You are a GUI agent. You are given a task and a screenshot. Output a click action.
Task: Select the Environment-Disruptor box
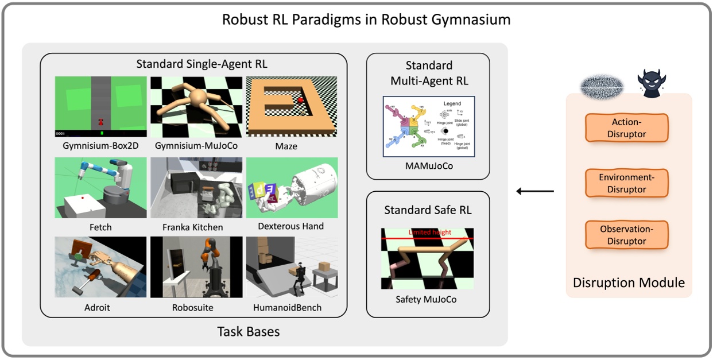click(x=627, y=183)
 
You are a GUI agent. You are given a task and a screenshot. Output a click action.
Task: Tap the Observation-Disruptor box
click(x=627, y=235)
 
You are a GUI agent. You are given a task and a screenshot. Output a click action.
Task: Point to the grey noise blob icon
click(x=600, y=86)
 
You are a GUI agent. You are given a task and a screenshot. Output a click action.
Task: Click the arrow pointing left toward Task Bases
click(x=534, y=191)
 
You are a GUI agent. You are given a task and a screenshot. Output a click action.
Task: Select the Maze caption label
click(x=286, y=146)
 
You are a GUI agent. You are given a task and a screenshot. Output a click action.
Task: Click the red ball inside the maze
click(x=300, y=101)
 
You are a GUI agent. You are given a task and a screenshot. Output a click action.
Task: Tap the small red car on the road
click(x=101, y=121)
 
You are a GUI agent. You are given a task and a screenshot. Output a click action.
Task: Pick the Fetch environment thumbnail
click(x=100, y=187)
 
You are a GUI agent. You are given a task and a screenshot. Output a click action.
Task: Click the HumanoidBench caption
click(x=287, y=307)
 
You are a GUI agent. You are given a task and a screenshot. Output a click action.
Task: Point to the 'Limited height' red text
click(x=430, y=233)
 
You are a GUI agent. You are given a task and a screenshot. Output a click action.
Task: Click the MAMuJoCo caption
click(x=428, y=166)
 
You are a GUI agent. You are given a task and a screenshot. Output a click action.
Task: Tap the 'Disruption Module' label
click(x=629, y=282)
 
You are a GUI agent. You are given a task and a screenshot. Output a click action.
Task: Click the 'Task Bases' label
click(x=249, y=331)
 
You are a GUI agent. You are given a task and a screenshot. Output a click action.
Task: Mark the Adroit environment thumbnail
click(x=100, y=267)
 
